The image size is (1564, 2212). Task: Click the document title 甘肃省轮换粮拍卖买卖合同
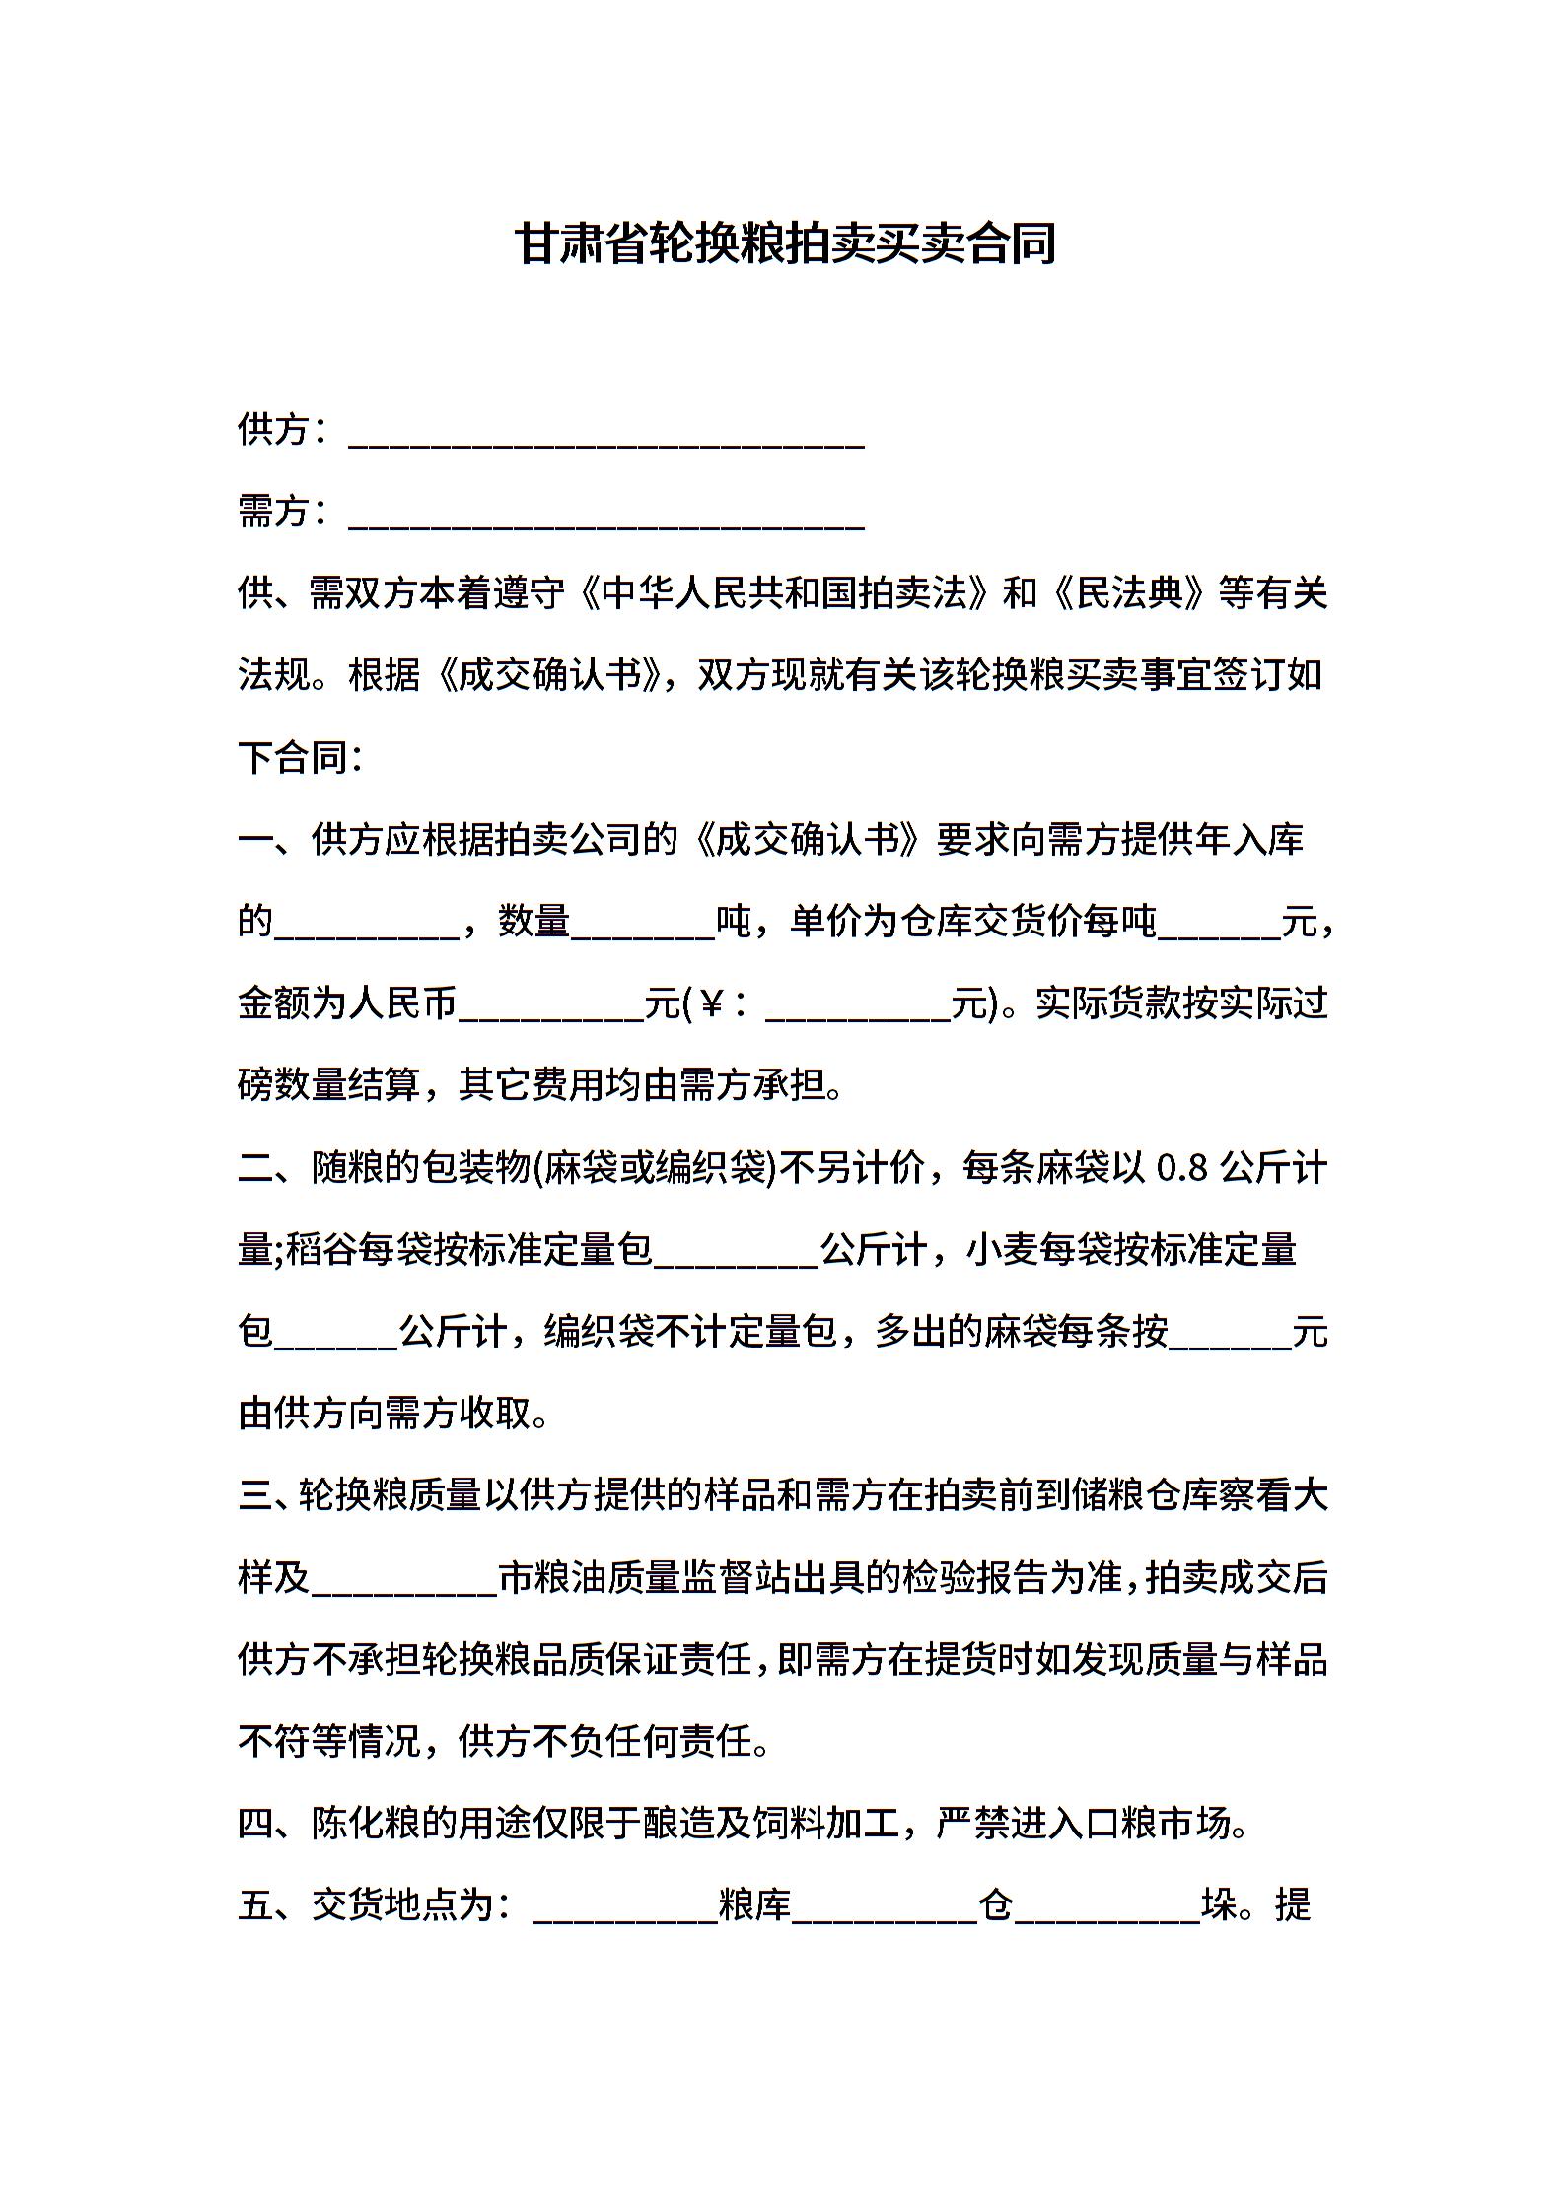pos(785,243)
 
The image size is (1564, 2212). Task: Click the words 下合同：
pos(302,758)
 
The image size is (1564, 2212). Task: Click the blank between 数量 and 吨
pos(643,927)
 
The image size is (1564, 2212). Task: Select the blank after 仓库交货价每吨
pos(1219,927)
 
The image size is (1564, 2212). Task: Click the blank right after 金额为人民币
pos(551,1009)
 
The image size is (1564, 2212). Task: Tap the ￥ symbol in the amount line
pos(712,1004)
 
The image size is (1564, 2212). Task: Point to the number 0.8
pos(1182,1169)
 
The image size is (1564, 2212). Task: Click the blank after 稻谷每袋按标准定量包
pos(736,1256)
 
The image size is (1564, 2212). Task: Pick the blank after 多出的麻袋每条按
pos(1230,1338)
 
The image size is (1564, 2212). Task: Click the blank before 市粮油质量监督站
pos(404,1584)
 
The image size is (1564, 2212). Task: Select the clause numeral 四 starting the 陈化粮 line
pos(255,1825)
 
